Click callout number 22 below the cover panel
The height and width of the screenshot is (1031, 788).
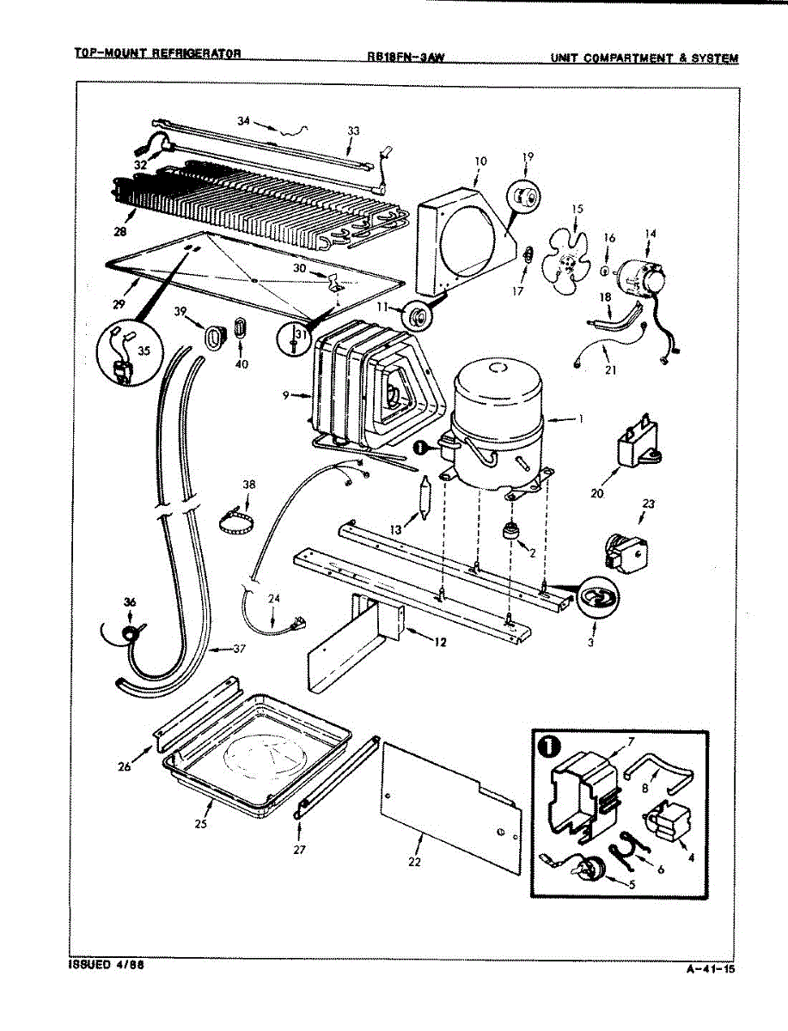[414, 861]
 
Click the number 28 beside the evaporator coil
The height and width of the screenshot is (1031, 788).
[119, 232]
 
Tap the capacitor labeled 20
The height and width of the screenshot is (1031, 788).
[637, 447]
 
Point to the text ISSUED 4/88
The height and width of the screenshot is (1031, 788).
[106, 965]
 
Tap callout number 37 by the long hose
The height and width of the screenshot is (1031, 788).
[240, 649]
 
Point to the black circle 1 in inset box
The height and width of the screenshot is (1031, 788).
[547, 746]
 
